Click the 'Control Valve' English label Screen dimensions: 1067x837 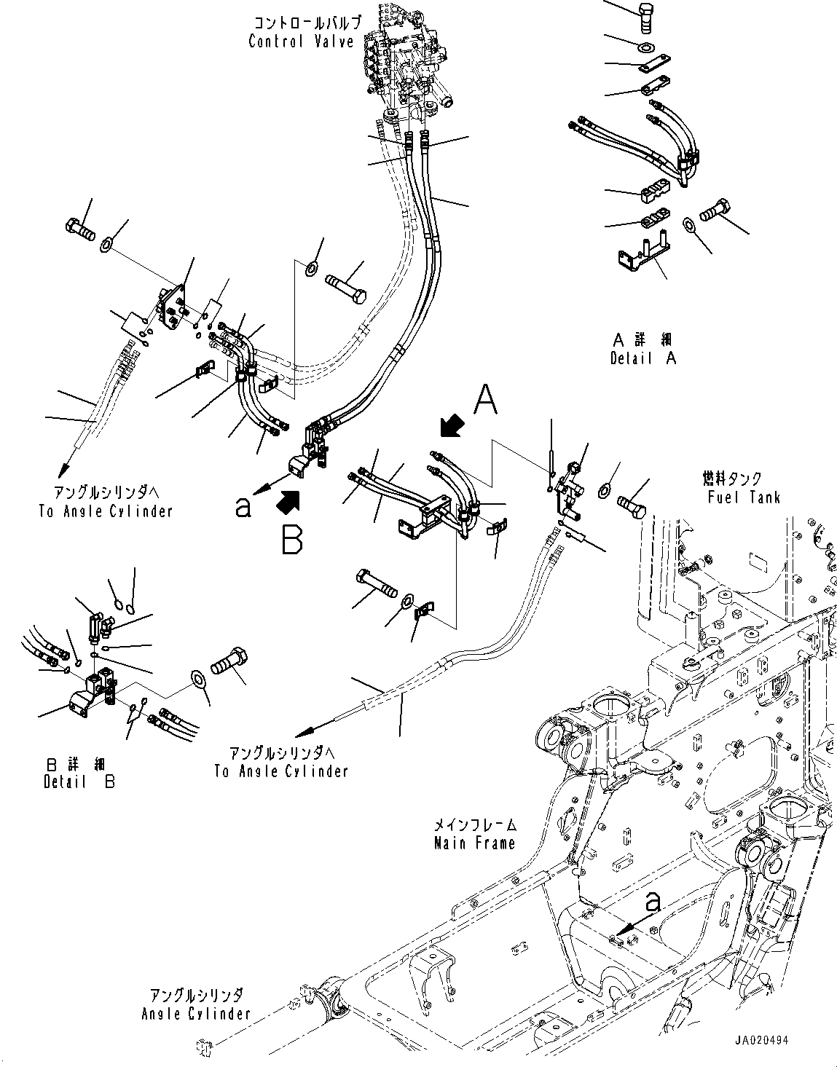pos(301,42)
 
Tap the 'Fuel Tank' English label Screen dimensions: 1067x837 pos(743,497)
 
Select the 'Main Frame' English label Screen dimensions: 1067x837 pos(474,843)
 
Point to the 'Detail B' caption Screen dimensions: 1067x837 pos(79,781)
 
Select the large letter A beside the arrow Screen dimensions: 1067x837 pos(487,401)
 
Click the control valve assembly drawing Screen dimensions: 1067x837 pos(404,66)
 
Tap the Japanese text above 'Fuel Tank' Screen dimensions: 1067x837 pos(732,479)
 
